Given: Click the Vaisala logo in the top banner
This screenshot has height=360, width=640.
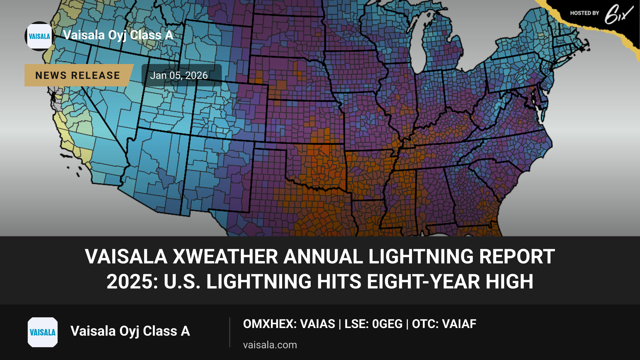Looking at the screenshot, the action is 39,36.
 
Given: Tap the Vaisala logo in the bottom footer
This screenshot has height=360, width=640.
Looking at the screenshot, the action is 43,332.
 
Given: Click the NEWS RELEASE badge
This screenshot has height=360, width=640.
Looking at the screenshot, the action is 78,75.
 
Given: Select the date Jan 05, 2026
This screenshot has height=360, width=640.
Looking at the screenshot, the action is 179,75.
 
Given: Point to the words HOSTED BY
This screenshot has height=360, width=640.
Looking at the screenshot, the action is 585,13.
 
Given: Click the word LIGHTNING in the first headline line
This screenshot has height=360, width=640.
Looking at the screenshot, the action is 421,257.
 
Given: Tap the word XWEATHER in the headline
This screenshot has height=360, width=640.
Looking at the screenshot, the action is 225,257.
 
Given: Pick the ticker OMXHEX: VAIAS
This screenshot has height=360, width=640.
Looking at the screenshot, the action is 289,324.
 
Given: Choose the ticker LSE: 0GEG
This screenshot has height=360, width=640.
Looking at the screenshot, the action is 373,324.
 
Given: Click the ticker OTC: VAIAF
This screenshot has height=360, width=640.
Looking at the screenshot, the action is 444,324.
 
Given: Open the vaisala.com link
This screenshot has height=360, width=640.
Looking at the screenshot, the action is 270,345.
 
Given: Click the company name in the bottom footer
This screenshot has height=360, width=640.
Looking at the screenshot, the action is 130,331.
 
